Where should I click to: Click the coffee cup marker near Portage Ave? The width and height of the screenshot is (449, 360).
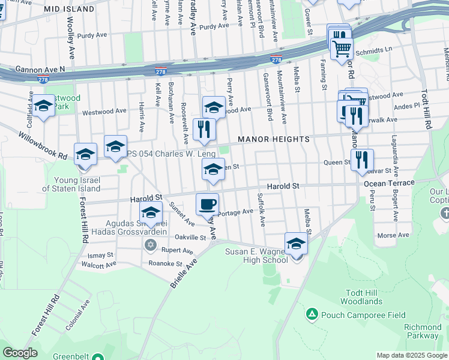(207, 204)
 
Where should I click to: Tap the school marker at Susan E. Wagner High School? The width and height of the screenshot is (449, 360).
(296, 244)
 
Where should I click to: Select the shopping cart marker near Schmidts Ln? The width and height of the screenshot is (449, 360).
(342, 48)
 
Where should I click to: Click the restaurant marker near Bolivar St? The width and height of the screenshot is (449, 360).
(362, 160)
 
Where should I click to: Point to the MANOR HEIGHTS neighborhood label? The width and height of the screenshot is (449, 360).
(274, 139)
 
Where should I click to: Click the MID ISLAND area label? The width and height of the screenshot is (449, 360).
(70, 10)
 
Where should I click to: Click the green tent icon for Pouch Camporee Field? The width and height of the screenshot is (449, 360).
(312, 314)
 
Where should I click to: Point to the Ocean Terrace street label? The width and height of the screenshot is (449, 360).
(388, 182)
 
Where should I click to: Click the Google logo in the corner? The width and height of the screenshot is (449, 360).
(20, 353)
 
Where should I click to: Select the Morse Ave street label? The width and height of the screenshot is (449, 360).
(394, 235)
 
